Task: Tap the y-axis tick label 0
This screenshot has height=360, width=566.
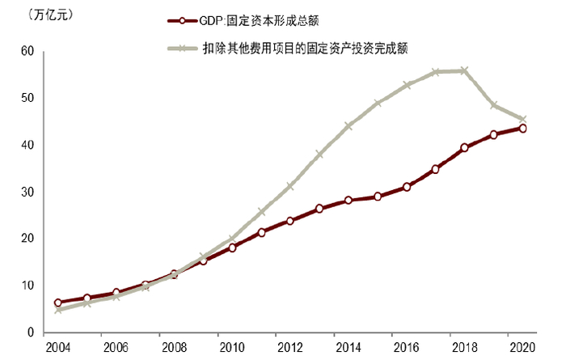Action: pyautogui.click(x=30, y=332)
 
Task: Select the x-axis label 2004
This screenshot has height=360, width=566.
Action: pyautogui.click(x=57, y=348)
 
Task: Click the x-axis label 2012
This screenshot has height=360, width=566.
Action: pyautogui.click(x=289, y=348)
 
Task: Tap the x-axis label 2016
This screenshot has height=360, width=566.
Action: pyautogui.click(x=406, y=348)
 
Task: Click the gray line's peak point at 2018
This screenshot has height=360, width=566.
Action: pyautogui.click(x=464, y=70)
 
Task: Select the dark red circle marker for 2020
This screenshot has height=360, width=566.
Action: pyautogui.click(x=522, y=129)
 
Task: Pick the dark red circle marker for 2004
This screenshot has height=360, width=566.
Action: pyautogui.click(x=57, y=303)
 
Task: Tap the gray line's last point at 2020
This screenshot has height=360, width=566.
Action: pyautogui.click(x=522, y=119)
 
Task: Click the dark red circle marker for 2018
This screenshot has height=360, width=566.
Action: pyautogui.click(x=464, y=148)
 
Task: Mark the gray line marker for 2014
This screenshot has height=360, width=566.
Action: pyautogui.click(x=348, y=126)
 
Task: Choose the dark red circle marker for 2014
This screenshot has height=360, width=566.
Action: pyautogui.click(x=348, y=200)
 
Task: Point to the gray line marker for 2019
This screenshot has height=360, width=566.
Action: pyautogui.click(x=493, y=105)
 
